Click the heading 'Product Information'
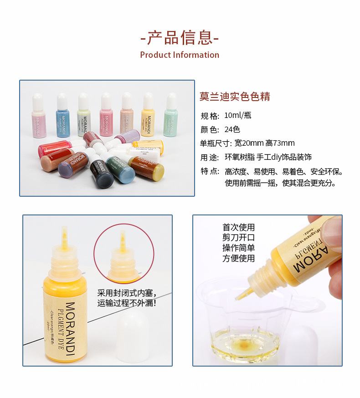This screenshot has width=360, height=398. [x=180, y=55]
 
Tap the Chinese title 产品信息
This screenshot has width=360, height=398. [x=180, y=37]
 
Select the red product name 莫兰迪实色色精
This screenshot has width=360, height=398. [x=235, y=97]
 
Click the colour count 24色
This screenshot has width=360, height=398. [x=232, y=129]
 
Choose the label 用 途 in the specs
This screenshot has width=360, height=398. [x=210, y=157]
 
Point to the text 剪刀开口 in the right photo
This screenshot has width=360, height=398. [x=238, y=238]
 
